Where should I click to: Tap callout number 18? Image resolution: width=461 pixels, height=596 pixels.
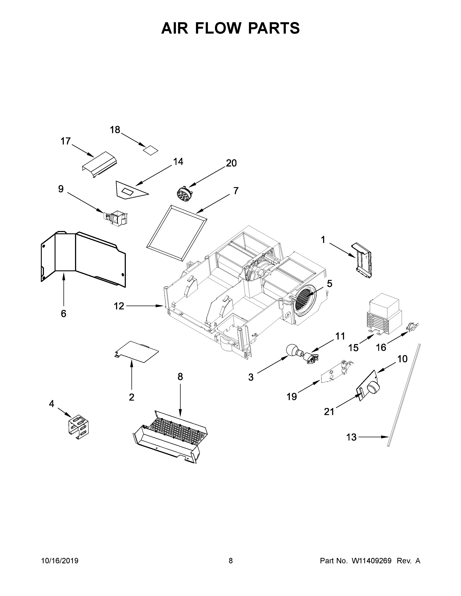tap(115, 130)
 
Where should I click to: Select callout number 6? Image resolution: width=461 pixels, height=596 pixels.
tap(63, 314)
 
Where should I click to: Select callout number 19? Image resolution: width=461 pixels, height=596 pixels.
tap(292, 396)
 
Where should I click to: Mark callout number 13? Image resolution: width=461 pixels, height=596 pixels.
tap(351, 437)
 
